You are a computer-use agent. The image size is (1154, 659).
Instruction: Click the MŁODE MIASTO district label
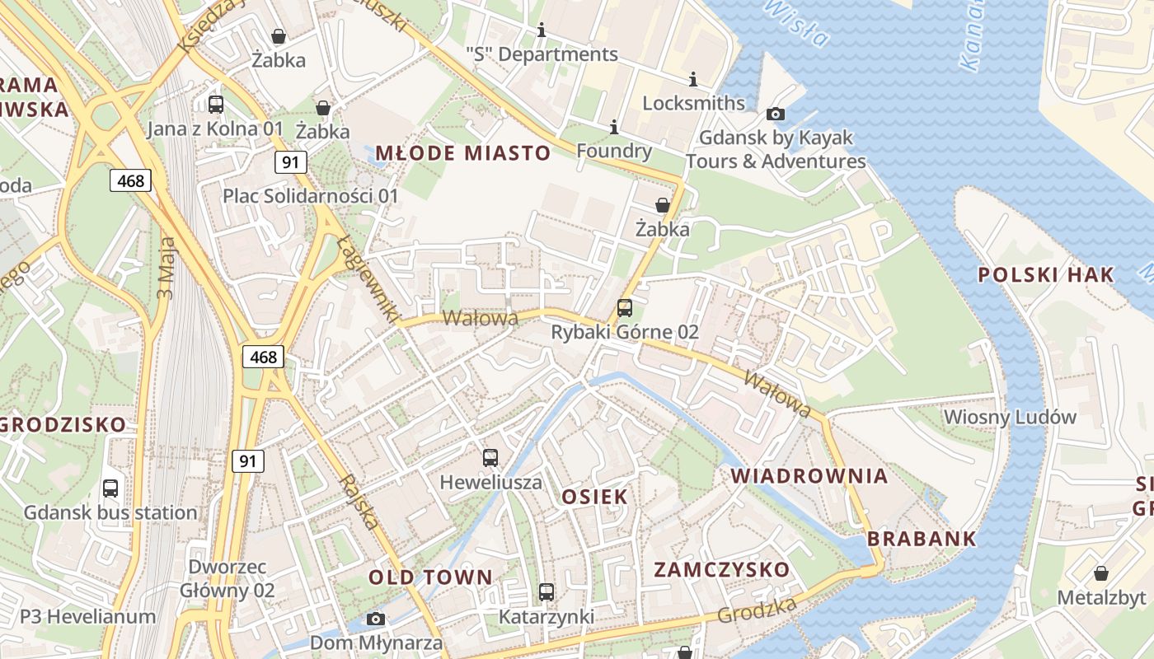coord(462,153)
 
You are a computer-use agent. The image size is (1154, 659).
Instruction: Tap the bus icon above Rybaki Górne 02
coord(625,308)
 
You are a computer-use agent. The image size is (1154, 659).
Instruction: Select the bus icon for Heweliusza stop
coord(490,458)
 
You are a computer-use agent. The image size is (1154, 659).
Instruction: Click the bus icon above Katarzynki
coord(547,592)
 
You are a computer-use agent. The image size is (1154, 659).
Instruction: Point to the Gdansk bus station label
coord(110,512)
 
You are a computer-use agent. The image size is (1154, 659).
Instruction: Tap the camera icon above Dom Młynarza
coord(376,619)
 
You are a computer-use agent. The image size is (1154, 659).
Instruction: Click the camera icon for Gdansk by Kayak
coord(776,115)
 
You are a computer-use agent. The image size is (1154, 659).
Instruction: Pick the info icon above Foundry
coord(614,128)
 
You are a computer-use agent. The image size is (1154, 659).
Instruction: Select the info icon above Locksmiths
coord(693,80)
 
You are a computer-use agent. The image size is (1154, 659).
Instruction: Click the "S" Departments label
coord(542,54)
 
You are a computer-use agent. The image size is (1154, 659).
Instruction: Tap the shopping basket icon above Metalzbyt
coord(1101,573)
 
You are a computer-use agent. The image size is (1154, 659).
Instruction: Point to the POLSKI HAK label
coord(1046,275)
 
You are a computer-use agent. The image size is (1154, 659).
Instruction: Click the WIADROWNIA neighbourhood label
coord(809,476)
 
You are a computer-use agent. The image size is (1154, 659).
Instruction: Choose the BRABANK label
coord(922,540)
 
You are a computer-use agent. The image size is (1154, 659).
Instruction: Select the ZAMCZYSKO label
coord(722,569)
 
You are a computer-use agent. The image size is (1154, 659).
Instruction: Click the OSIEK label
coord(594,497)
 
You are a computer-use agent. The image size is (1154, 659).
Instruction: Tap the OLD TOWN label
coord(430,577)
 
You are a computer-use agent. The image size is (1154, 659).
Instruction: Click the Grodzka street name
coord(757,610)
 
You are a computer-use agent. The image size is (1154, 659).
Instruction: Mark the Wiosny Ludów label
coord(1010,417)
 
